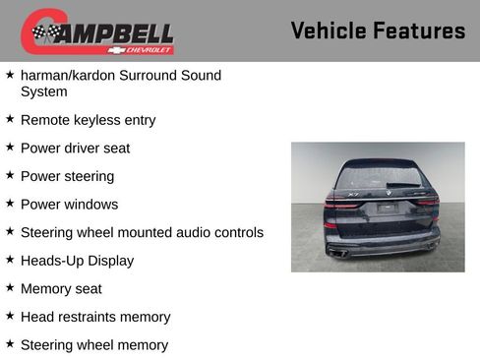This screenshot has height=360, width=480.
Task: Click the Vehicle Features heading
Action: point(378,30)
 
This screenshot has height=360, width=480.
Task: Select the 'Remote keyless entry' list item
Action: point(88,120)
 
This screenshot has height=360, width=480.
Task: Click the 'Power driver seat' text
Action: point(75,149)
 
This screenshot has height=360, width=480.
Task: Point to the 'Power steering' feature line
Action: point(67,176)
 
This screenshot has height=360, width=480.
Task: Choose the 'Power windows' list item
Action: point(69,205)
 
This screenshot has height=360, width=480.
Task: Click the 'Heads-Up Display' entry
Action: point(77,261)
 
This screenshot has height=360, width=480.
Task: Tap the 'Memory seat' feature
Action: point(61,289)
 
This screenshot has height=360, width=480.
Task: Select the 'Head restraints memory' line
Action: point(95,317)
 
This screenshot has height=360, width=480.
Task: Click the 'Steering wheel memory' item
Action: point(93,345)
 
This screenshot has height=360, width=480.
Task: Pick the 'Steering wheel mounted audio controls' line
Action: point(142,233)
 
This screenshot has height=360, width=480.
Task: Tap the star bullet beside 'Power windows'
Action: point(10,204)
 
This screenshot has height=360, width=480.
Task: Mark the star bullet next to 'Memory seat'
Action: point(10,288)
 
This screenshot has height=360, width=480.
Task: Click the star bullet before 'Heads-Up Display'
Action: point(10,260)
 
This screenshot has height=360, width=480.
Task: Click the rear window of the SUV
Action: point(378,177)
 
